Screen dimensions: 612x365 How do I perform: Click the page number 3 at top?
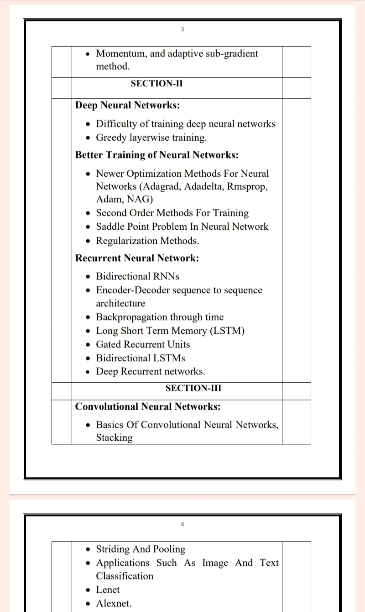click(182, 29)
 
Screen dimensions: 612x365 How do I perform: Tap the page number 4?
click(182, 524)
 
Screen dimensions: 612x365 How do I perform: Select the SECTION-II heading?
click(156, 84)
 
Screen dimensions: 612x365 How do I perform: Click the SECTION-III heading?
click(193, 388)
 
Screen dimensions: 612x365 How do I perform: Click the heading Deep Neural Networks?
click(127, 106)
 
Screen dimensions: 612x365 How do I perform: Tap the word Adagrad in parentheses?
click(162, 186)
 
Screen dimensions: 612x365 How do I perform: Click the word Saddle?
click(109, 227)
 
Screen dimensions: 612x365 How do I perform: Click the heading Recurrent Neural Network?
click(137, 258)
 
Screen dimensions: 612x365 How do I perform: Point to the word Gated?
click(109, 344)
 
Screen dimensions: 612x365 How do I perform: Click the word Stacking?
click(114, 438)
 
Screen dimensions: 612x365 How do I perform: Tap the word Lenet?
click(108, 590)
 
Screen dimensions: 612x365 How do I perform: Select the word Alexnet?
click(113, 603)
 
